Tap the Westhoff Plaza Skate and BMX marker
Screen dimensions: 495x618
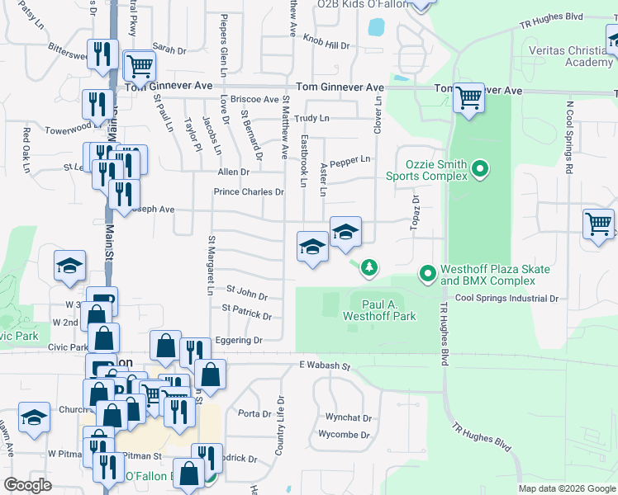point(427,273)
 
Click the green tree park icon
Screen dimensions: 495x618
point(369,266)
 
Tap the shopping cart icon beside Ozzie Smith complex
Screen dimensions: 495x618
point(468,98)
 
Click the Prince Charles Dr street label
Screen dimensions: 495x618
point(249,192)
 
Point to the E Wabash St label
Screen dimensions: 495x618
point(325,365)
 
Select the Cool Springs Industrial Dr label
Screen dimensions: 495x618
point(506,298)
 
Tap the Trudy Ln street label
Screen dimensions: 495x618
point(311,118)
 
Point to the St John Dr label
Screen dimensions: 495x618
point(247,294)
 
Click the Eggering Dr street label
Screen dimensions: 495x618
point(238,340)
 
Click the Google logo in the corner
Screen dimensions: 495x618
point(28,485)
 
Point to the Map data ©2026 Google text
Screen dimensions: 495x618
point(566,488)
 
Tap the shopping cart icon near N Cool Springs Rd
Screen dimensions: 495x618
point(598,224)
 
